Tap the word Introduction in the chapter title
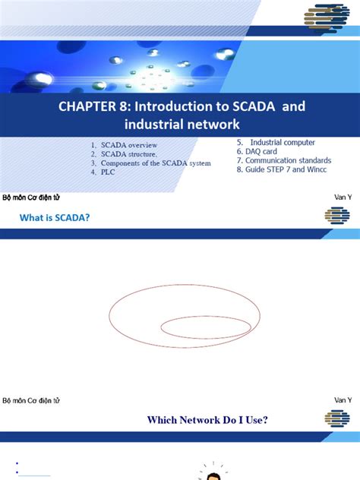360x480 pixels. [x=165, y=106]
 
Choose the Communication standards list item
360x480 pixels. [x=283, y=160]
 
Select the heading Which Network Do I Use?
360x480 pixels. [x=207, y=419]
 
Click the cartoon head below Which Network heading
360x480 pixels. [x=214, y=475]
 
